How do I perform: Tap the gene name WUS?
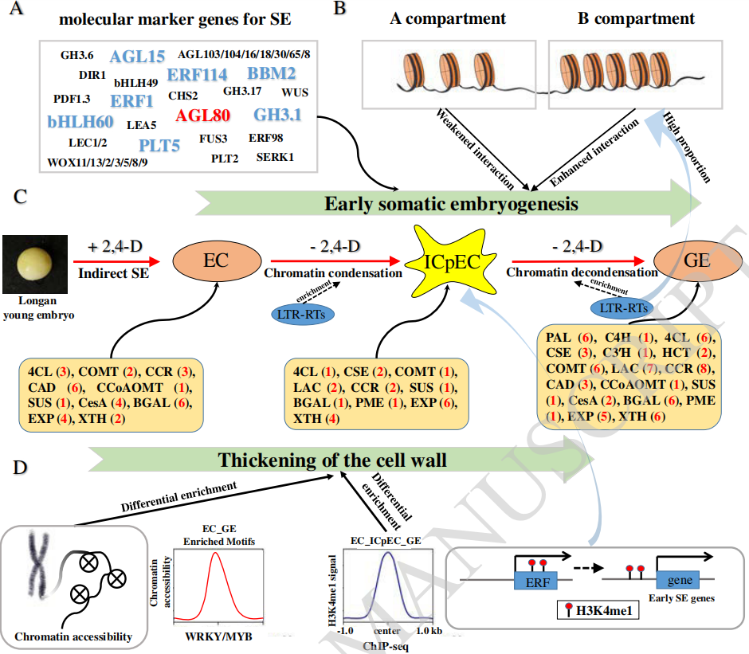(x=295, y=92)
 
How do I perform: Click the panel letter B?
(x=339, y=10)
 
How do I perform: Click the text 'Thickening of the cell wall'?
(x=331, y=460)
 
